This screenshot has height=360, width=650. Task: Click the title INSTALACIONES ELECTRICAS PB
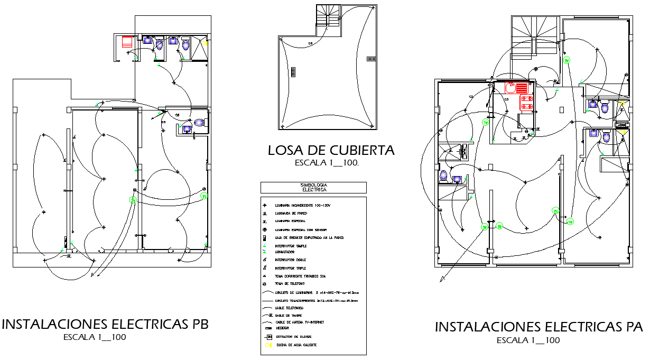tap(106, 324)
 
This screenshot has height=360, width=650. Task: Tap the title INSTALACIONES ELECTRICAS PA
tap(539, 327)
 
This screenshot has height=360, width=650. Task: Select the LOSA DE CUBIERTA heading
tap(331, 151)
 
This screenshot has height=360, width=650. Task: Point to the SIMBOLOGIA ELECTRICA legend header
tap(313, 187)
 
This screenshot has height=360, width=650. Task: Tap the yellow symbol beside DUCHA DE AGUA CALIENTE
tap(268, 345)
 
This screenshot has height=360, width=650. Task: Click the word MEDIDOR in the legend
tap(282, 328)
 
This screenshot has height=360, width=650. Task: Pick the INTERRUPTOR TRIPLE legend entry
tap(290, 268)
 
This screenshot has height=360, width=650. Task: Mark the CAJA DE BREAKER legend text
tap(309, 238)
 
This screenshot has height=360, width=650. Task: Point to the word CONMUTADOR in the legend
tap(286, 252)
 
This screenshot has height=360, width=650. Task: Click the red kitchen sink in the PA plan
tap(510, 88)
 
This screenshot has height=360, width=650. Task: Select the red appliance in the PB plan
tap(127, 42)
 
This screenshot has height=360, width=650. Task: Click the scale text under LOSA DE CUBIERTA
tap(327, 163)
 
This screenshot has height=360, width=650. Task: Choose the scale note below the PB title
tap(95, 337)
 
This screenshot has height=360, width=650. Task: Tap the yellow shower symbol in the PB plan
tap(207, 43)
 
